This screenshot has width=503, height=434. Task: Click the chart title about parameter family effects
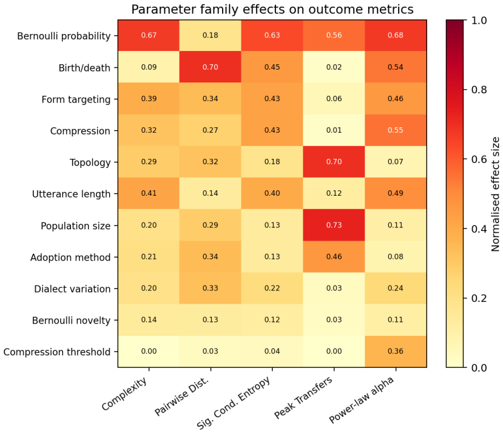pyautogui.click(x=272, y=9)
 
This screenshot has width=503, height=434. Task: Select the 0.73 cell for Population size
pyautogui.click(x=334, y=225)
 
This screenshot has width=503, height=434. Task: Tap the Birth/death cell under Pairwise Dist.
pyautogui.click(x=211, y=67)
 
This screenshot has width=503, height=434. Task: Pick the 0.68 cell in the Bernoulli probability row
pyautogui.click(x=396, y=35)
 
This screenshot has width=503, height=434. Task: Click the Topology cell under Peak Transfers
pyautogui.click(x=334, y=162)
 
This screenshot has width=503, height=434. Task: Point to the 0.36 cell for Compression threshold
pyautogui.click(x=396, y=352)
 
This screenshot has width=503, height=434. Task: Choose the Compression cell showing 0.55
pyautogui.click(x=396, y=130)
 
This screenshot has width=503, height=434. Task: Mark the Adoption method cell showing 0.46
pyautogui.click(x=334, y=257)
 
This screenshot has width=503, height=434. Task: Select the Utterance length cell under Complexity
pyautogui.click(x=149, y=193)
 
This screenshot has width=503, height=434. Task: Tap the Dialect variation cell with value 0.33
pyautogui.click(x=211, y=288)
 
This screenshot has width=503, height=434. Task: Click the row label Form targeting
pyautogui.click(x=76, y=99)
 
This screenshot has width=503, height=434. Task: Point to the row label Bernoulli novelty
pyautogui.click(x=71, y=320)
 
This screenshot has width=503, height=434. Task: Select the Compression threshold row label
pyautogui.click(x=57, y=352)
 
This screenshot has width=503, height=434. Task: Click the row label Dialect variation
pyautogui.click(x=72, y=289)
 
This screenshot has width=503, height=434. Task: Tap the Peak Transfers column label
pyautogui.click(x=303, y=398)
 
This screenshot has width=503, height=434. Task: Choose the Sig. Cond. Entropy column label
pyautogui.click(x=234, y=402)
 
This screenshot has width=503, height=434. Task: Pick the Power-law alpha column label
pyautogui.click(x=362, y=399)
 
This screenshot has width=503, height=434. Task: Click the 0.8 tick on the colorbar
pyautogui.click(x=479, y=90)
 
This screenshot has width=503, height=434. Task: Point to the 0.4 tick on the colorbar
pyautogui.click(x=479, y=229)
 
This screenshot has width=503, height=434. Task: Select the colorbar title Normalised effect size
pyautogui.click(x=496, y=194)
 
